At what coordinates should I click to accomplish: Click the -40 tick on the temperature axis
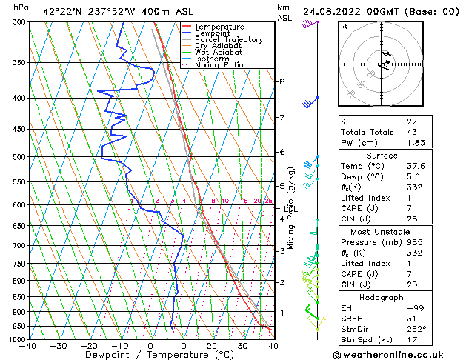coord(29,346)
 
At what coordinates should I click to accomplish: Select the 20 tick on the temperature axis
coord(212,346)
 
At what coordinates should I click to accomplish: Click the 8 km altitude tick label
coord(282,81)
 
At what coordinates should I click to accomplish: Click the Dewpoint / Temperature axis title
coord(150,356)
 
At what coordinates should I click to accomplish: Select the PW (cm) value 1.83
coord(415,143)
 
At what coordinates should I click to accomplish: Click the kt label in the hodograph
coord(344,26)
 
